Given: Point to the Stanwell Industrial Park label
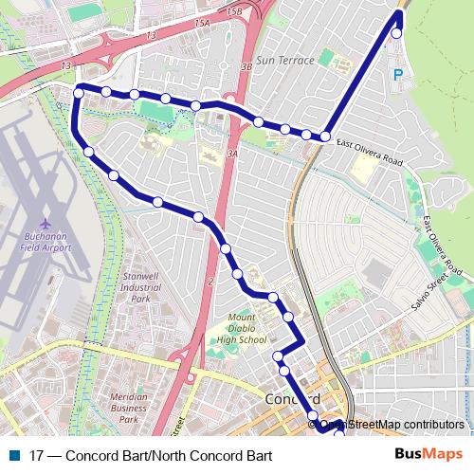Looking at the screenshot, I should tap(141, 287).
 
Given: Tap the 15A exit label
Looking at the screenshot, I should tap(200, 47).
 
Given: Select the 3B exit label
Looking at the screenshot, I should tap(246, 67).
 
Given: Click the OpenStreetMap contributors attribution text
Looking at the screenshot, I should tap(391, 425).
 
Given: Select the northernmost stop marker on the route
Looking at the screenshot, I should tap(396, 33).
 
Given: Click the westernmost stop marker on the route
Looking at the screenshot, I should tap(79, 92).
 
